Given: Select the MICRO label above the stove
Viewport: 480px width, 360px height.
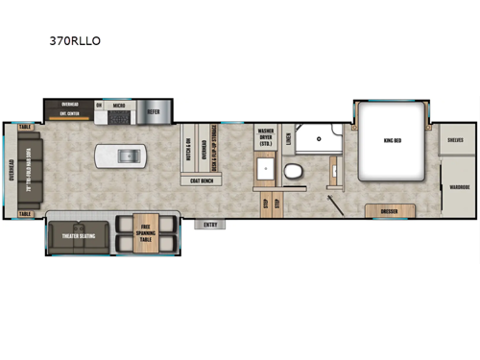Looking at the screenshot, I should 119,105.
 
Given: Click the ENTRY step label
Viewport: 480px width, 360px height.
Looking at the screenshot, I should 210,225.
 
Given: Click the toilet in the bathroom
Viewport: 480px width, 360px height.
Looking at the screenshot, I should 294,173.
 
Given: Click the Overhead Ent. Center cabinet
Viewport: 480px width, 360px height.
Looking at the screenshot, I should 69,108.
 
